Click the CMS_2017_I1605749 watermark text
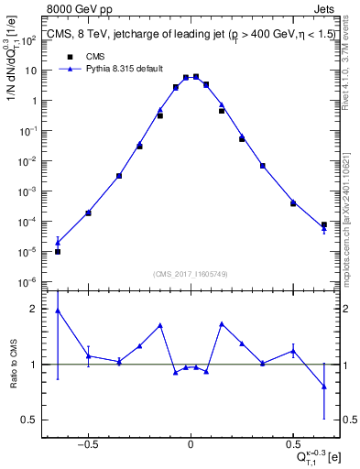191,274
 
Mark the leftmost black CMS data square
58,251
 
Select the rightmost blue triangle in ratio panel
324,386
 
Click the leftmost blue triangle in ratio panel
58,311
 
